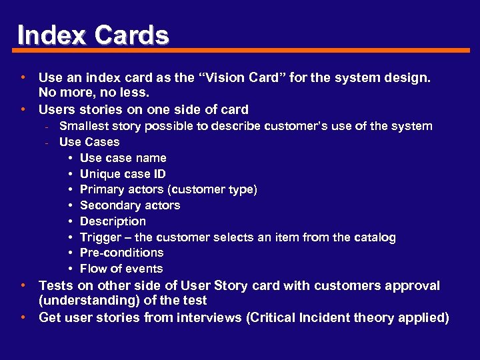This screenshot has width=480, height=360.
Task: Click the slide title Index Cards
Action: pyautogui.click(x=93, y=35)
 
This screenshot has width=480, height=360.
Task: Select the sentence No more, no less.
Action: pyautogui.click(x=94, y=93)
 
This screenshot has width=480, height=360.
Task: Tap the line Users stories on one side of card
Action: pyautogui.click(x=143, y=109)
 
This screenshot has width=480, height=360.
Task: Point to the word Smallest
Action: pyautogui.click(x=82, y=126)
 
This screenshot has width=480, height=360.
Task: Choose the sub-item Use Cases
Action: pyautogui.click(x=89, y=142)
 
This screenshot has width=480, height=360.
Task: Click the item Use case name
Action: pyautogui.click(x=123, y=158)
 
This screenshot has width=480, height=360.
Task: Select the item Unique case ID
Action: pyautogui.click(x=123, y=174)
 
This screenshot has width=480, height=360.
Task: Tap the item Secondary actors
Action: pyautogui.click(x=129, y=205)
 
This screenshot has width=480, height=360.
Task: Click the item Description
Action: pyautogui.click(x=113, y=221)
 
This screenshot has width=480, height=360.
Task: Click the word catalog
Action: pyautogui.click(x=374, y=237)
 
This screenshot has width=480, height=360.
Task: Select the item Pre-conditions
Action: pyautogui.click(x=121, y=253)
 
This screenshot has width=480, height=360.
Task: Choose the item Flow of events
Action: pyautogui.click(x=121, y=269)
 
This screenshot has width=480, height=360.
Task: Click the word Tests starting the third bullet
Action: pyautogui.click(x=57, y=285)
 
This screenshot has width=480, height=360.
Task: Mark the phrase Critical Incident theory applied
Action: pyautogui.click(x=347, y=317)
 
